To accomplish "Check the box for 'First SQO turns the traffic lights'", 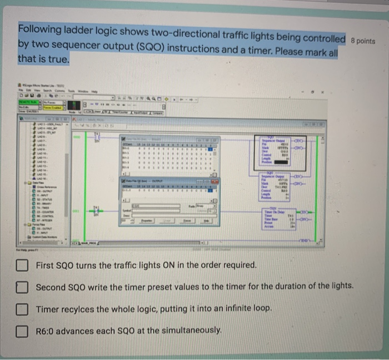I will tap(22, 266).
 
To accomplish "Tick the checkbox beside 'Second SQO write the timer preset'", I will tap(22, 287).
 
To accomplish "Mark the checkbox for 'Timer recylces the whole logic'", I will tap(22, 308).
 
